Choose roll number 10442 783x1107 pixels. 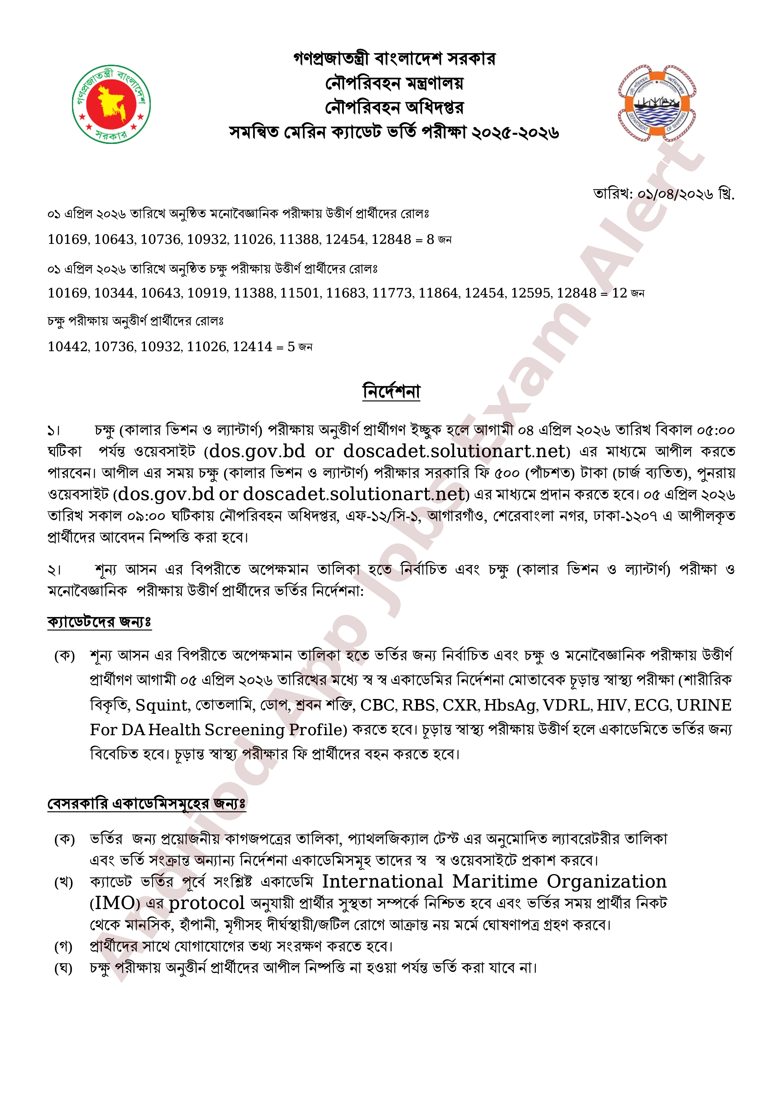68,347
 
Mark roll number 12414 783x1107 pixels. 253,347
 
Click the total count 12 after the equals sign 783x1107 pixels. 619,293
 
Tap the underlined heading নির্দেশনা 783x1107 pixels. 391,391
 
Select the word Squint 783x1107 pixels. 162,705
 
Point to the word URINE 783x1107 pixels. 704,705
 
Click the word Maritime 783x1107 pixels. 495,882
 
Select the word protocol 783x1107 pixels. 207,903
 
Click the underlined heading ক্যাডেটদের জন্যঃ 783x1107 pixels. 99,622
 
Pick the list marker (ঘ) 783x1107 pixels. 64,968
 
